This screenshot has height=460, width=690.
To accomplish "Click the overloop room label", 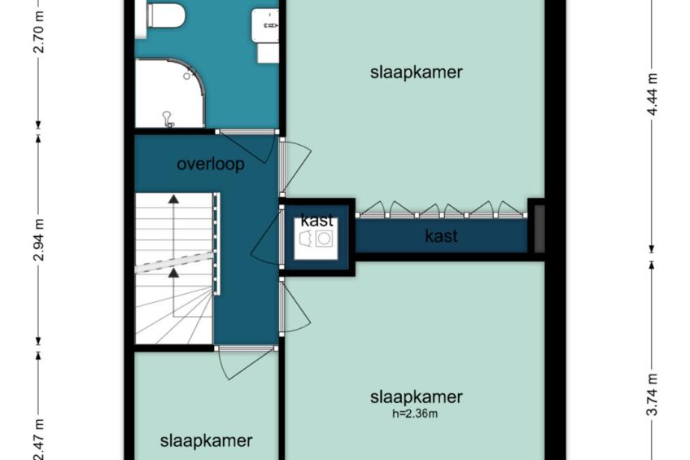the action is tap(211, 164).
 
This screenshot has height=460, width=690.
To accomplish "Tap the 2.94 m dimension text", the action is tap(39, 239).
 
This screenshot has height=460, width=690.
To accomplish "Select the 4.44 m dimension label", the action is tap(652, 94).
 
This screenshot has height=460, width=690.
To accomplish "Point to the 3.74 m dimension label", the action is tap(652, 394).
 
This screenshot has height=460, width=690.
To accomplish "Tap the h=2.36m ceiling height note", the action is tap(415, 414).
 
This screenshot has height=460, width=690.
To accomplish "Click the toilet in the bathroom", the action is tap(166, 15).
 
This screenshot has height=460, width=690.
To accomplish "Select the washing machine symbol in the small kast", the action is tap(325, 239).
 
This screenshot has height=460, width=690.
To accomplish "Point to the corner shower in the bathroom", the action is tap(170, 94).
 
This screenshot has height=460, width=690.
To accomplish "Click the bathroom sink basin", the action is tap(265, 25).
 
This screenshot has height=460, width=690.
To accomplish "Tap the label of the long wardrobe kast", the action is tap(441, 236).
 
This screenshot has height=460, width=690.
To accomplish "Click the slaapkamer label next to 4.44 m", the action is tap(417, 72).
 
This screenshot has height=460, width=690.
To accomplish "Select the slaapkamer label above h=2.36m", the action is tap(417, 396).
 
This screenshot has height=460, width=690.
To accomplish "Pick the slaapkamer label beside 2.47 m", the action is tap(206, 440).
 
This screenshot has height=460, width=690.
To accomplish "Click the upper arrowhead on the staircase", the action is tap(174, 199).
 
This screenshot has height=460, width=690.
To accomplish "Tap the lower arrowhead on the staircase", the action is tap(174, 273).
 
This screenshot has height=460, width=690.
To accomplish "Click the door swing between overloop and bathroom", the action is tap(247, 147).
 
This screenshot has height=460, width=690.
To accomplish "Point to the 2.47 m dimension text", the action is tap(39, 440).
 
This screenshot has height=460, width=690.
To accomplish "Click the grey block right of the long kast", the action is tap(539, 229).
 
